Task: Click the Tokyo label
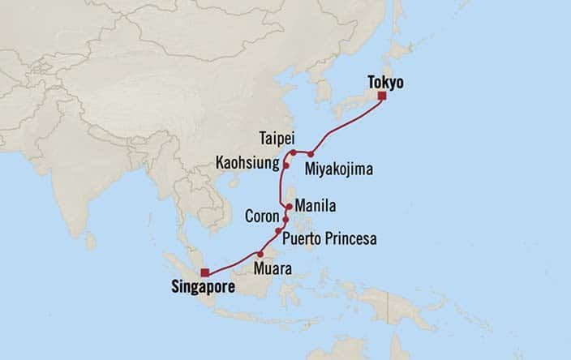385,82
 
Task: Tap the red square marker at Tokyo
381,96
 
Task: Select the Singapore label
200,286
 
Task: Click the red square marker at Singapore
205,272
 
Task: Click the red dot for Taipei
293,152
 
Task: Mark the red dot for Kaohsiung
286,165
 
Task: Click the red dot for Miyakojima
311,153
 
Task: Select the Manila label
316,205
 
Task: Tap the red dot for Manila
288,207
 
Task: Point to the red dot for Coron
285,219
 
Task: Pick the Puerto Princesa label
329,239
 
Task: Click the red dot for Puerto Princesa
278,231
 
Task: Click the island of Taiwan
290,159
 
